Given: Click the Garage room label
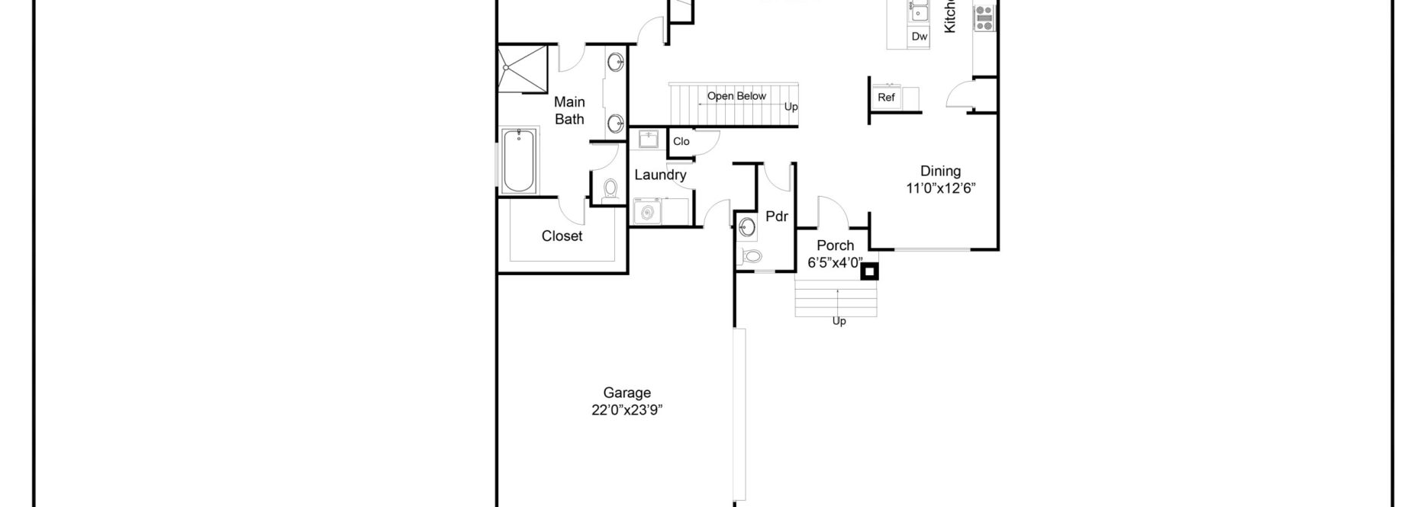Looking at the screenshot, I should tap(627, 393).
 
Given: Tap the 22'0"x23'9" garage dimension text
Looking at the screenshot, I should tap(627, 410).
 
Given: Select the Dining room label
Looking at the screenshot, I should tap(940, 171).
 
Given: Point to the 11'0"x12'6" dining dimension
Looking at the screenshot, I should tap(940, 188).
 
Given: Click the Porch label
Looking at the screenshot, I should tap(835, 245).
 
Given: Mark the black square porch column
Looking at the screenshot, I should tap(869, 271).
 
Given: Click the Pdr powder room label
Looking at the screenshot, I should tap(776, 217).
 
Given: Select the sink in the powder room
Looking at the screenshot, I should tap(747, 226).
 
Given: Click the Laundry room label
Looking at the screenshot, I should tap(660, 175).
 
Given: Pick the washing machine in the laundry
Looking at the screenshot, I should tap(649, 211).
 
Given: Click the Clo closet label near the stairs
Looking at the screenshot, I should tap(681, 142).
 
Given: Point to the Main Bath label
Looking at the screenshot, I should tap(569, 111).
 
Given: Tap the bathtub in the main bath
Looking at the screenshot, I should tap(519, 161).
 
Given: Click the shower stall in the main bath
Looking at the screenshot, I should tap(523, 69).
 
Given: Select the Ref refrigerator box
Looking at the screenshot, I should tap(886, 98).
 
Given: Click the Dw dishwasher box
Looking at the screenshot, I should tap(920, 37).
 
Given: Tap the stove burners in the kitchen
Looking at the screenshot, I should tap(984, 18).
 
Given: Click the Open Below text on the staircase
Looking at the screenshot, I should tap(736, 96).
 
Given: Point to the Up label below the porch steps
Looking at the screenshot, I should tap(839, 321).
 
